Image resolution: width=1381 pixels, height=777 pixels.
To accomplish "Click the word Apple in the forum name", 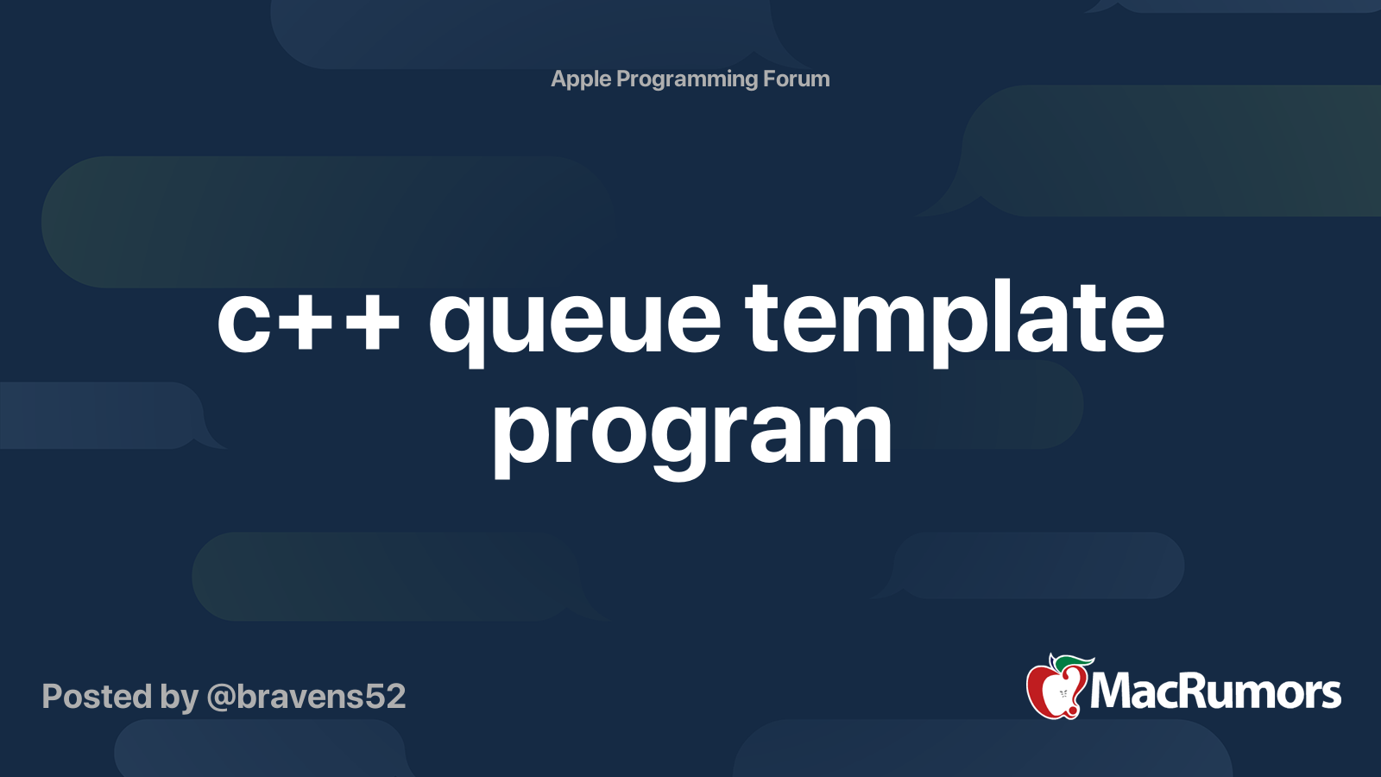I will pyautogui.click(x=581, y=79).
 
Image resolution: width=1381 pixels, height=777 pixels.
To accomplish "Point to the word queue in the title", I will pyautogui.click(x=574, y=321).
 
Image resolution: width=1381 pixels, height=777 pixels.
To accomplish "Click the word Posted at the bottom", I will pyautogui.click(x=96, y=697).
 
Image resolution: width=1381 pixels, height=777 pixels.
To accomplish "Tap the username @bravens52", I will pyautogui.click(x=306, y=697).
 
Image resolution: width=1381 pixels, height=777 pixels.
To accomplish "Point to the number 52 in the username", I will pyautogui.click(x=383, y=697).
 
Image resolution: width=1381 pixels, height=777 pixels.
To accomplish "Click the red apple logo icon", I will pyautogui.click(x=1054, y=691).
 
